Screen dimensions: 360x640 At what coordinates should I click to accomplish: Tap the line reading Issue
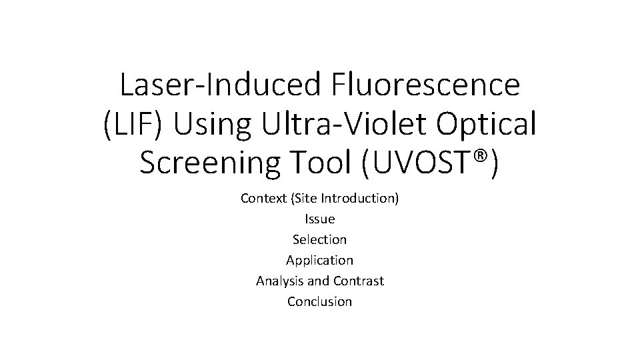320,219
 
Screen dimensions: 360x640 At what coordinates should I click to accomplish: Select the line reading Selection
320,239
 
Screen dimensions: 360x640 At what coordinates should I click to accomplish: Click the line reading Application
320,260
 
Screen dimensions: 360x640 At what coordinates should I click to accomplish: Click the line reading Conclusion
320,301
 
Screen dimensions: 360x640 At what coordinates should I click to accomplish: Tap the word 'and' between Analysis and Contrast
319,281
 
